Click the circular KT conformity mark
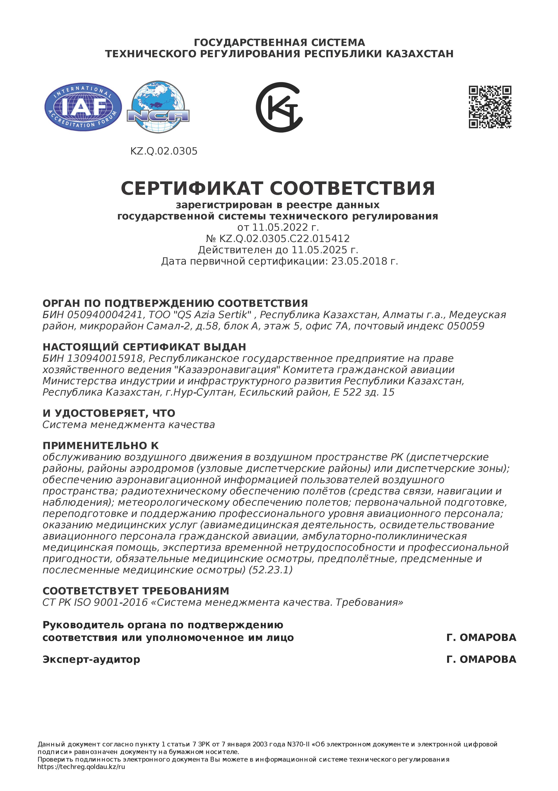(x=279, y=107)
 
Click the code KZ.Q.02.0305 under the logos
(x=164, y=151)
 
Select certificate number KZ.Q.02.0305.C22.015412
(x=284, y=239)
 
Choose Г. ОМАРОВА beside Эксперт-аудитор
(x=481, y=659)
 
